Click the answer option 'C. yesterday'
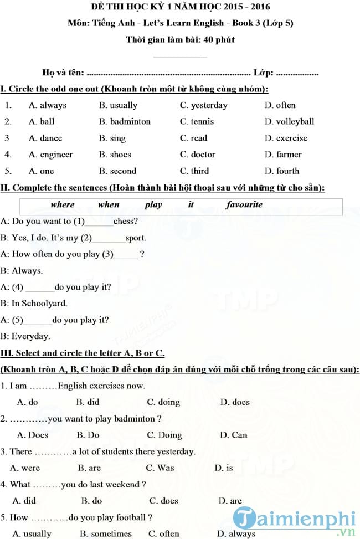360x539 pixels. [x=203, y=105]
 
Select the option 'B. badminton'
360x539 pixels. [x=125, y=121]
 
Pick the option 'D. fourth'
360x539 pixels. [x=281, y=171]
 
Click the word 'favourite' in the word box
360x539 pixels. [x=244, y=204]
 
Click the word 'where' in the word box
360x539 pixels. [x=62, y=204]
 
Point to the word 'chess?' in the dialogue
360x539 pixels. [x=126, y=222]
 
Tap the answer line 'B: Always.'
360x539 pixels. [x=22, y=271]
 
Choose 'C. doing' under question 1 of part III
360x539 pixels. [x=163, y=402]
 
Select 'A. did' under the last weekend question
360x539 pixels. [x=24, y=500]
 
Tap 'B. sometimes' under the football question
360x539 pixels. [x=106, y=533]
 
